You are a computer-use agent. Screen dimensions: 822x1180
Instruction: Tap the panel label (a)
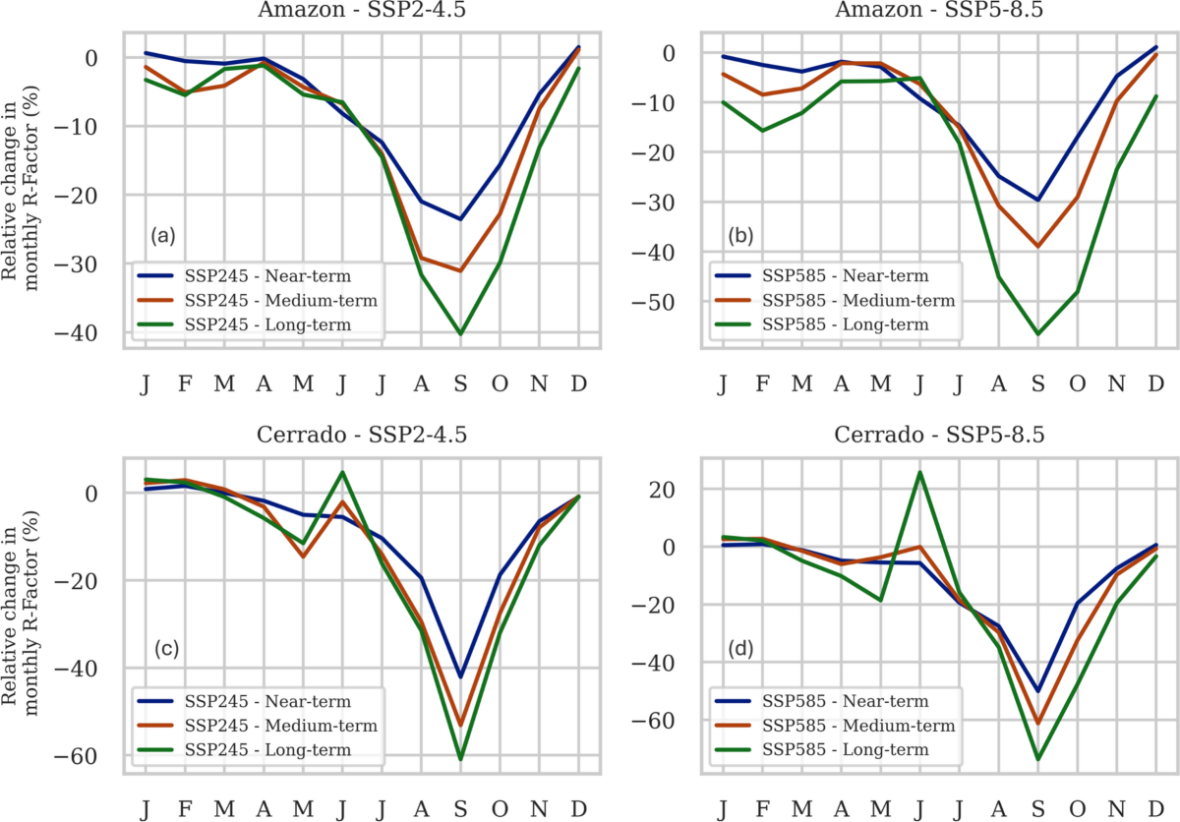click(x=162, y=236)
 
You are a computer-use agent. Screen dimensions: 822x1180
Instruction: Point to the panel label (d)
click(x=740, y=650)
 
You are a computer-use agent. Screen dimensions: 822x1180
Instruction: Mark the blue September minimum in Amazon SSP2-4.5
click(x=458, y=218)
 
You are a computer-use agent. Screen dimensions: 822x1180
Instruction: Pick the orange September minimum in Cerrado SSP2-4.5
click(x=459, y=725)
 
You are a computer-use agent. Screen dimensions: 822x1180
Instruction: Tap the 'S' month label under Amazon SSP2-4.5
click(x=459, y=381)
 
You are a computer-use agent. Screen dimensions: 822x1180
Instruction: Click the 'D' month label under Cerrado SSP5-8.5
click(x=1155, y=807)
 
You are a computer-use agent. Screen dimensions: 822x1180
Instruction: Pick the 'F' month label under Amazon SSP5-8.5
click(x=763, y=381)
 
